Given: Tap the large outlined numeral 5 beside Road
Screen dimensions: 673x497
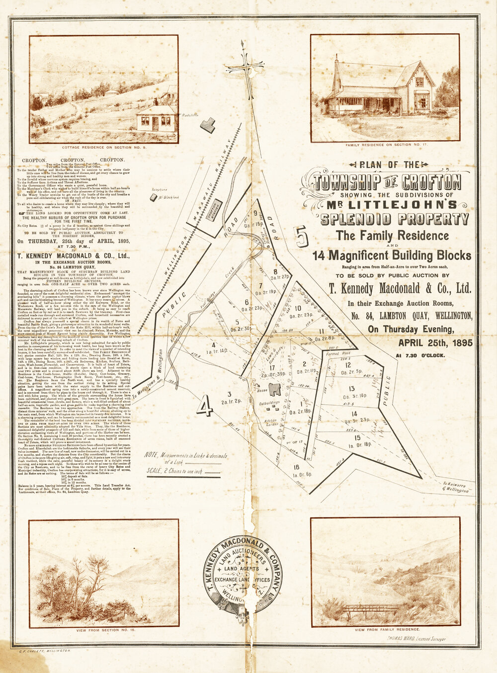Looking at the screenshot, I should click(301, 237).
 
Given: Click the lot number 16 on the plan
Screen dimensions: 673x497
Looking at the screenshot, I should click(296, 467).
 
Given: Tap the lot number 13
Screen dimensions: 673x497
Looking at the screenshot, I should click(351, 388).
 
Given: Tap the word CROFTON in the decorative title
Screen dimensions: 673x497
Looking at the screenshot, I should click(434, 181).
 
